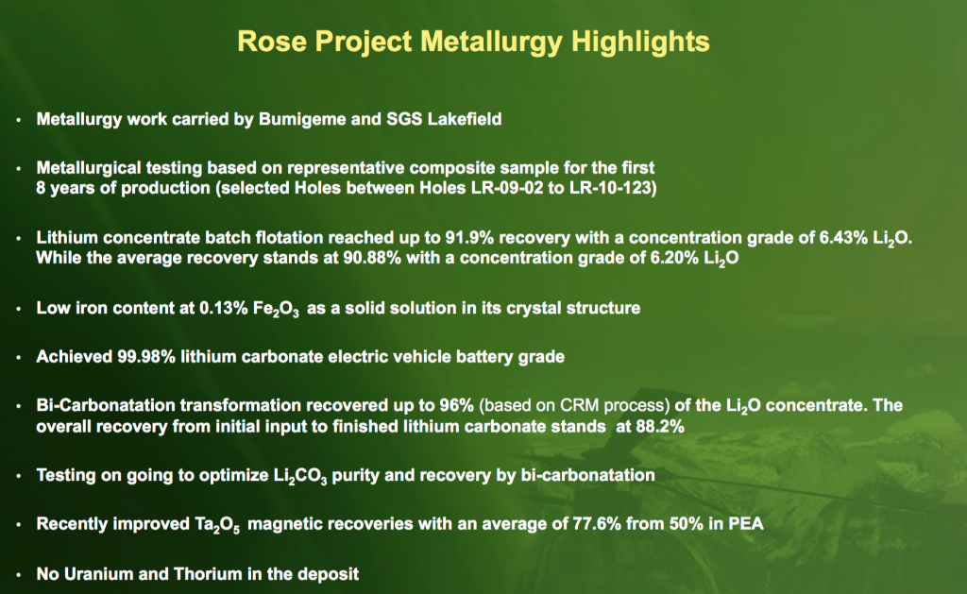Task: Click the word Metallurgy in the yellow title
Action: click(x=491, y=42)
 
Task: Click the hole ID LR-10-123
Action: click(x=612, y=188)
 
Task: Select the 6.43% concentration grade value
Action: click(x=843, y=237)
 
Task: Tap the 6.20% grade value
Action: click(x=674, y=257)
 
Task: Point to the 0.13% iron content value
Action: click(x=223, y=308)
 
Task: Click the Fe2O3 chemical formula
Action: click(x=276, y=309)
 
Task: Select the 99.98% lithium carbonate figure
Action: click(x=146, y=357)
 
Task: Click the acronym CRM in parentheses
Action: click(x=580, y=405)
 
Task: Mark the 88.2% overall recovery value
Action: click(x=660, y=426)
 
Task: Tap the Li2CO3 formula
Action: click(x=300, y=476)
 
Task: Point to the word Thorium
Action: click(x=208, y=573)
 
